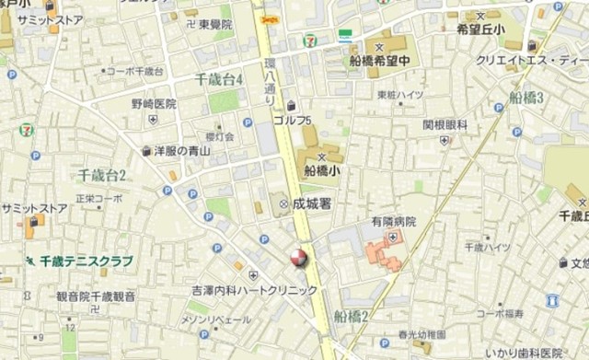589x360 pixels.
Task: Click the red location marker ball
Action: pyautogui.click(x=298, y=259)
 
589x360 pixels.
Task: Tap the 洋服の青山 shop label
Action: pyautogui.click(x=183, y=150)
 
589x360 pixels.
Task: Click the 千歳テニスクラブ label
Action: pyautogui.click(x=86, y=261)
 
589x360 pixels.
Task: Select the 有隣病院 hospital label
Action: pyautogui.click(x=394, y=222)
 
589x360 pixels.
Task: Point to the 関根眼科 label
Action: pyautogui.click(x=445, y=124)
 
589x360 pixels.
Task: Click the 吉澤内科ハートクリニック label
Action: pyautogui.click(x=254, y=290)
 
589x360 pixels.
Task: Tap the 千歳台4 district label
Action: pyautogui.click(x=219, y=80)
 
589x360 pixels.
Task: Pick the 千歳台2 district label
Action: pyautogui.click(x=102, y=175)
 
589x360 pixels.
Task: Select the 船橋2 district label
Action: pyautogui.click(x=352, y=316)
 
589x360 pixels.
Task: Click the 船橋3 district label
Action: pyautogui.click(x=527, y=97)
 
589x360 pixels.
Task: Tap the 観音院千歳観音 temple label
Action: pyautogui.click(x=96, y=296)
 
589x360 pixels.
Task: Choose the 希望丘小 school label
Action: pyautogui.click(x=481, y=29)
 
